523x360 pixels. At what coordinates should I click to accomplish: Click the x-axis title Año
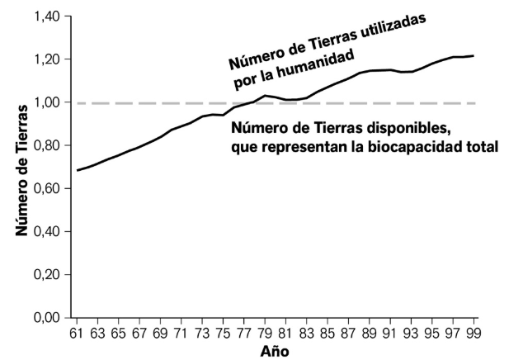point(276,351)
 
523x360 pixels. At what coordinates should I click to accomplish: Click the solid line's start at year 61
point(77,170)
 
